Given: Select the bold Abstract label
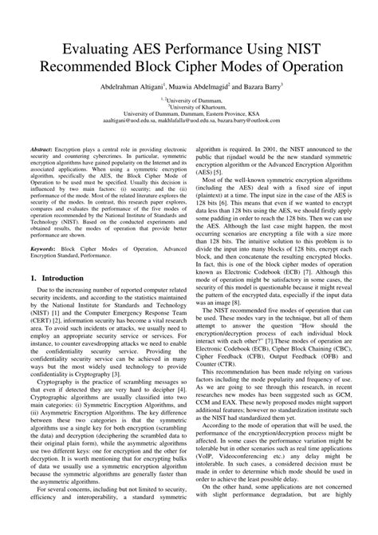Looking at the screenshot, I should pyautogui.click(x=45, y=149).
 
